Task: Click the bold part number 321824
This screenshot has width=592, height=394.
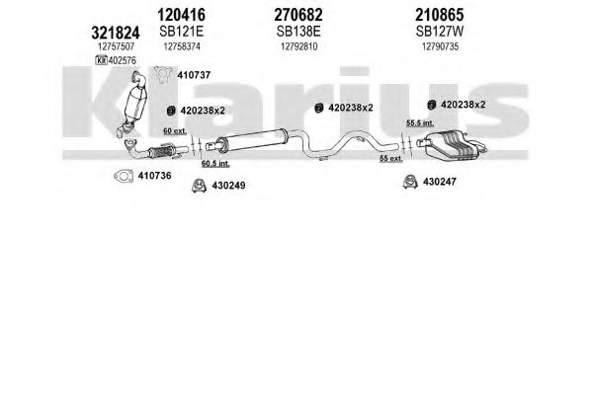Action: [x=116, y=33]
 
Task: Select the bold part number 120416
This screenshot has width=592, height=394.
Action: [x=181, y=15]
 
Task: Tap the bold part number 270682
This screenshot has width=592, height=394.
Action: [x=298, y=15]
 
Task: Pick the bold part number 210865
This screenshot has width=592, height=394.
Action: [x=440, y=15]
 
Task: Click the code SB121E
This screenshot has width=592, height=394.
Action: [x=181, y=32]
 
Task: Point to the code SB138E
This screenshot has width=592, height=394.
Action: [x=298, y=32]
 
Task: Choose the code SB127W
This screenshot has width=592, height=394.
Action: [x=440, y=32]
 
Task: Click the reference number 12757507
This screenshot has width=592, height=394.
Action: [x=116, y=46]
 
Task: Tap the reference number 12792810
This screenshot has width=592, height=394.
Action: [x=299, y=46]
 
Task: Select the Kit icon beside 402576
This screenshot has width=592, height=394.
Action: [x=101, y=60]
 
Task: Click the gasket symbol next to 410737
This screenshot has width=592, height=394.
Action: [x=163, y=75]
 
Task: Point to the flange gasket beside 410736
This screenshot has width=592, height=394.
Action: [x=124, y=176]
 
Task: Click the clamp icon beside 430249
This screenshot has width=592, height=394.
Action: [x=199, y=186]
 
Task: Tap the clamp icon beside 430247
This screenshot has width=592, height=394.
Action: [x=410, y=182]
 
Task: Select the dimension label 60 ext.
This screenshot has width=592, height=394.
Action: [x=175, y=131]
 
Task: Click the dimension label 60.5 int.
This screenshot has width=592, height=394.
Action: [x=215, y=164]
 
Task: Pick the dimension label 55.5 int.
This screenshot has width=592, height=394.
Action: [x=420, y=123]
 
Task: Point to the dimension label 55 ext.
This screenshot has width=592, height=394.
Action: [x=391, y=159]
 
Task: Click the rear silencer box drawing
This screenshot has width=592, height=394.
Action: [x=452, y=145]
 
